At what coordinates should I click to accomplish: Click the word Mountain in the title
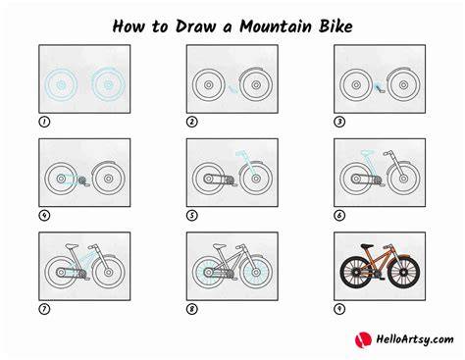tap(276, 26)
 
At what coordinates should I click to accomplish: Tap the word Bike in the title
tap(336, 26)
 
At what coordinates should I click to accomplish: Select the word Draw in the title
tap(195, 26)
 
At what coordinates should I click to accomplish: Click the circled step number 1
tap(44, 122)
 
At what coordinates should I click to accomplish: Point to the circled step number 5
tap(192, 216)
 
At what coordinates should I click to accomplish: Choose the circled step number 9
tap(339, 309)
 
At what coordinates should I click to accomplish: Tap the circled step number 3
tap(339, 122)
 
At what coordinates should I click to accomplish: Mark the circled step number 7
tap(44, 309)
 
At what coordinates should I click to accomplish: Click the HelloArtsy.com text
tap(415, 339)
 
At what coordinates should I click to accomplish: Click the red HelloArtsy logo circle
tap(363, 339)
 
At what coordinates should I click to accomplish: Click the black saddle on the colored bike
tap(367, 246)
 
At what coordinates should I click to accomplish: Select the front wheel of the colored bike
tap(404, 272)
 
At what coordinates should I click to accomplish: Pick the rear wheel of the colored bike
tap(356, 272)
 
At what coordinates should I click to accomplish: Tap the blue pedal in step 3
tap(380, 87)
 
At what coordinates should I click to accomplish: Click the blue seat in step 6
tap(367, 152)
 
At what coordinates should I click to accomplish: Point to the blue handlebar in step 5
tap(241, 153)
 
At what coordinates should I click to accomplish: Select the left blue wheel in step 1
tap(61, 85)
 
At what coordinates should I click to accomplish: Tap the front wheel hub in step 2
tap(256, 85)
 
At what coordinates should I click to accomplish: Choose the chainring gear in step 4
tap(81, 180)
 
